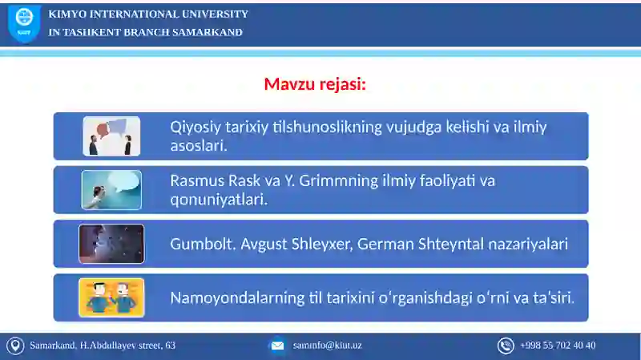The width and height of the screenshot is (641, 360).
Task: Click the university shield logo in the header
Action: click(24, 24)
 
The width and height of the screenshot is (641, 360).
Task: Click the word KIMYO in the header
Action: click(67, 14)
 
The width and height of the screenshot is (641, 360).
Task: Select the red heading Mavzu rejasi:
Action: click(315, 84)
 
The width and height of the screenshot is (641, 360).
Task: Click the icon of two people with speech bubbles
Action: click(111, 136)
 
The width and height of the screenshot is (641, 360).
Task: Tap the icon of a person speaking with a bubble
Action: click(111, 190)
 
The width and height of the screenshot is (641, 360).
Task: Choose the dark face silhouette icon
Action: click(111, 244)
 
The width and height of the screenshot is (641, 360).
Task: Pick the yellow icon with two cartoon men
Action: click(111, 297)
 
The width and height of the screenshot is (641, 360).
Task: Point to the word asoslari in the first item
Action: click(197, 146)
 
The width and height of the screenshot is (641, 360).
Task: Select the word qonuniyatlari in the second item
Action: click(217, 200)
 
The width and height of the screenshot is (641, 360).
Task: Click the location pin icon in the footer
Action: click(14, 346)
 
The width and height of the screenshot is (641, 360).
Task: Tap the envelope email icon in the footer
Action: click(277, 346)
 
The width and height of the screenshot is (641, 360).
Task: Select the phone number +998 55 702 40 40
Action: click(557, 346)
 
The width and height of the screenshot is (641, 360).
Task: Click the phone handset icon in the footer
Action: click(506, 346)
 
